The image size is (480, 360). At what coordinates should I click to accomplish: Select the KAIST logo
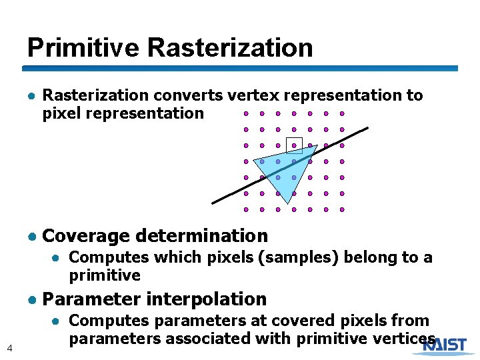[x=449, y=345]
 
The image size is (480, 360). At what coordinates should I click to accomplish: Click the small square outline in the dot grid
[x=294, y=145]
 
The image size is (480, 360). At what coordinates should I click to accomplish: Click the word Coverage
[x=85, y=236]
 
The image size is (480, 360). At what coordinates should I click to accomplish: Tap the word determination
[x=201, y=236]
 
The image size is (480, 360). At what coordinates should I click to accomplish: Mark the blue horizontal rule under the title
[x=240, y=68]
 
